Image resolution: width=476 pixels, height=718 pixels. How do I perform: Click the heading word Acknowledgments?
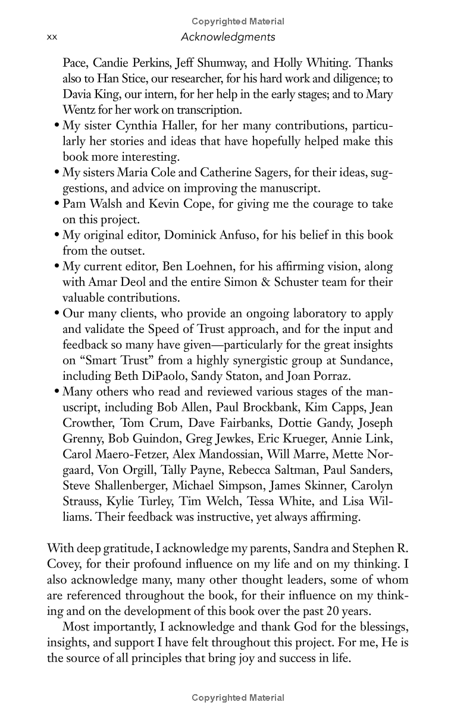[x=228, y=37]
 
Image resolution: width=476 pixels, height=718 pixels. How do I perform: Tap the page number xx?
[x=51, y=37]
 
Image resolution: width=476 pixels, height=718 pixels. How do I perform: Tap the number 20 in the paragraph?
[x=343, y=610]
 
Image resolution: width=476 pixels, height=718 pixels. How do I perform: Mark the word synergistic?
[x=262, y=360]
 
